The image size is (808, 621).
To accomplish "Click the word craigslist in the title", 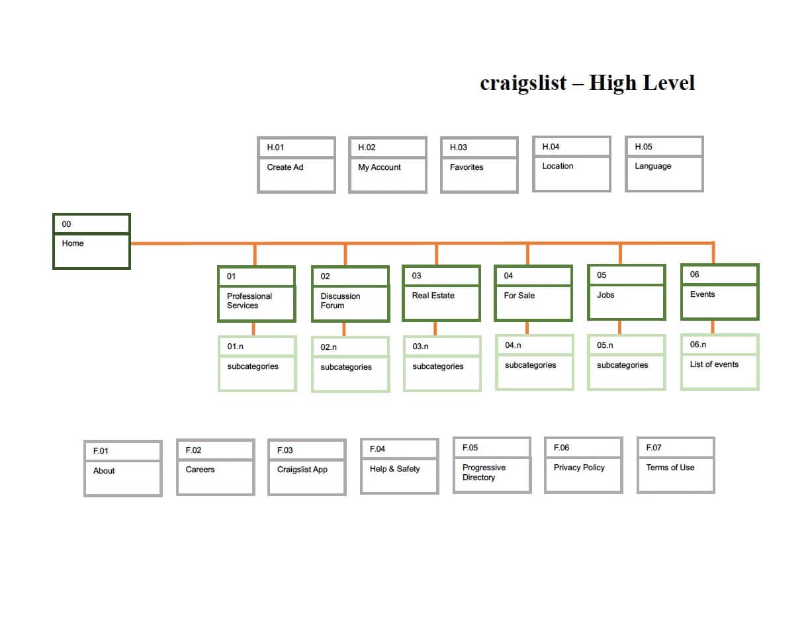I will (523, 83).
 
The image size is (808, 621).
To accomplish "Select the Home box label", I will (73, 243).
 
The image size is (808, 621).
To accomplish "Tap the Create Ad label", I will (285, 167).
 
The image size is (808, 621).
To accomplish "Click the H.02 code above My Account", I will (367, 147).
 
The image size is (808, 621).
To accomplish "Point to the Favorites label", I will (467, 167).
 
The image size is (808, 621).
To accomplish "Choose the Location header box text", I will (558, 166).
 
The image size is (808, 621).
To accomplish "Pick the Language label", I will (653, 166).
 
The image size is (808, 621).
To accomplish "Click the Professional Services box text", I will (249, 301).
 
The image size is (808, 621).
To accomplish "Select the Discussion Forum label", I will (340, 301).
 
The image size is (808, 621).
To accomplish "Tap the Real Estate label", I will (433, 296).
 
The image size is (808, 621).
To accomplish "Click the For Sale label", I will (519, 296).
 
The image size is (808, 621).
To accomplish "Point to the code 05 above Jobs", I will (602, 275).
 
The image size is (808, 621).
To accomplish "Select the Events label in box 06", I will (703, 294).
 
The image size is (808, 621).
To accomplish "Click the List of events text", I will (714, 364).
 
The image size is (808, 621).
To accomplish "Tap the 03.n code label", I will (421, 347).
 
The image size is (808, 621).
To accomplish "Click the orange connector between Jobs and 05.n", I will (619, 327).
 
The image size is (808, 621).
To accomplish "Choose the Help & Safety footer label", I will (395, 469).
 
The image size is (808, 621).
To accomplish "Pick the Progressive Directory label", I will (484, 472).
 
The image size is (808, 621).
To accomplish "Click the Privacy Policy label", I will (579, 468).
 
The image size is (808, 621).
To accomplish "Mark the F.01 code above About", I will (101, 451).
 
